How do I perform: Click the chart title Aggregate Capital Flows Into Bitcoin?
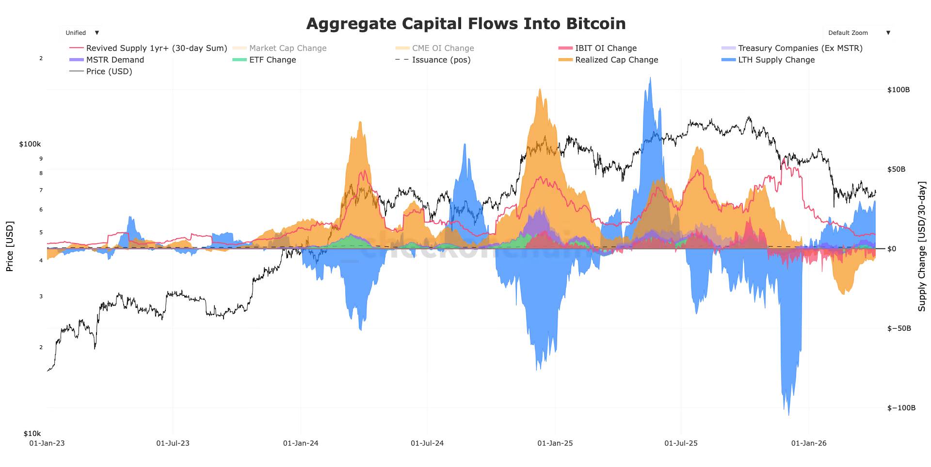465,23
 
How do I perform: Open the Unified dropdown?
82,33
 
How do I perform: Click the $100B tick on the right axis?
898,90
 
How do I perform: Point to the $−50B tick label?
899,328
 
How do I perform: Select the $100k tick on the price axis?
30,144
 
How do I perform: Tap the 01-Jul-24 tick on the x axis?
427,443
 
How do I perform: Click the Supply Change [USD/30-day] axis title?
922,246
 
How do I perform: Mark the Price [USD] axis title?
10,246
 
